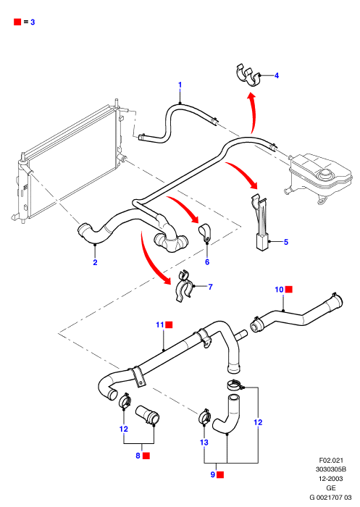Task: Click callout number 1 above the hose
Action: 180,85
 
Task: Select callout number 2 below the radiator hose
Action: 95,262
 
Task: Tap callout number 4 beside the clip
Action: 277,75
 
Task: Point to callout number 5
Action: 286,242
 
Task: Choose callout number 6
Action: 207,262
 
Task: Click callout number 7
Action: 211,287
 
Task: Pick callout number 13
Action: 204,442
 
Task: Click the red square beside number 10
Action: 289,290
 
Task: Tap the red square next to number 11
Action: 169,324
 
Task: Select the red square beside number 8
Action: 146,456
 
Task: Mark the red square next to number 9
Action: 221,474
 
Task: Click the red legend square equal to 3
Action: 17,22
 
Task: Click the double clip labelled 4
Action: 248,75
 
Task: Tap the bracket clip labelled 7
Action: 185,286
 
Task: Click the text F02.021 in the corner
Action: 331,460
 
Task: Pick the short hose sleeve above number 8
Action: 148,414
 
